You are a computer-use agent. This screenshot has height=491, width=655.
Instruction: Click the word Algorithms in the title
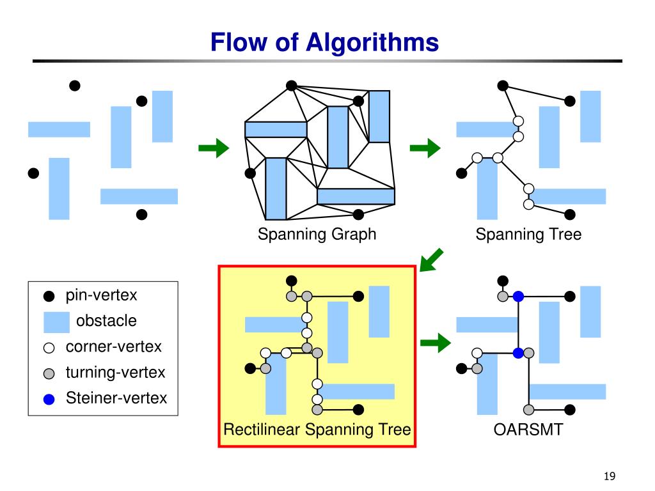372,43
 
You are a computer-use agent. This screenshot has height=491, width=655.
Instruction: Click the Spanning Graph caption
317,234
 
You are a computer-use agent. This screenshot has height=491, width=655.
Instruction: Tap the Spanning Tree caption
528,234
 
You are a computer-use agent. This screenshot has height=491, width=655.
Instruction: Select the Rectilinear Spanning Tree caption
317,430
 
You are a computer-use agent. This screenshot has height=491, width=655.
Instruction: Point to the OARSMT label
528,430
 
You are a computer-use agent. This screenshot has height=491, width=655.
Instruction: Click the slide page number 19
610,476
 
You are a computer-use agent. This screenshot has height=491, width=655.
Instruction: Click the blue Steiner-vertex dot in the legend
49,400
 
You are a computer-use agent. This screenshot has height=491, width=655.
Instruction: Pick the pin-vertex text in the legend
101,295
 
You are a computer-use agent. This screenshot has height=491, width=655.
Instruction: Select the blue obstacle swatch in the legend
56,322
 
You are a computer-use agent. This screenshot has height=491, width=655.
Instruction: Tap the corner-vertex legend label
113,347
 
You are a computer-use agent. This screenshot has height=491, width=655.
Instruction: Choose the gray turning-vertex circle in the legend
49,373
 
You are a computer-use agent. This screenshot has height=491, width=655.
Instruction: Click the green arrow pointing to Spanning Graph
214,148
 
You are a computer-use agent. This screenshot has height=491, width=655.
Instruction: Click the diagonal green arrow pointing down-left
431,260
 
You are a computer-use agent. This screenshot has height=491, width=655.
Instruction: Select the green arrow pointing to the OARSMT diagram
436,343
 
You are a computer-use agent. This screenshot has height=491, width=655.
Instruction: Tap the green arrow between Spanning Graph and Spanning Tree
425,148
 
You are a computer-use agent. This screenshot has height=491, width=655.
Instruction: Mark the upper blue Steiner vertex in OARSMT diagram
518,297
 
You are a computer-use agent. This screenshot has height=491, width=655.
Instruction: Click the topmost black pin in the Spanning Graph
292,86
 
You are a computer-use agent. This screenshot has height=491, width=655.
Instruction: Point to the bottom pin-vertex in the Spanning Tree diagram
570,215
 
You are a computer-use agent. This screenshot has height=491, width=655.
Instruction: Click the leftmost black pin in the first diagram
33,173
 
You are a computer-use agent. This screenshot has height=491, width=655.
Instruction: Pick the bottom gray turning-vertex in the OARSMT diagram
529,410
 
